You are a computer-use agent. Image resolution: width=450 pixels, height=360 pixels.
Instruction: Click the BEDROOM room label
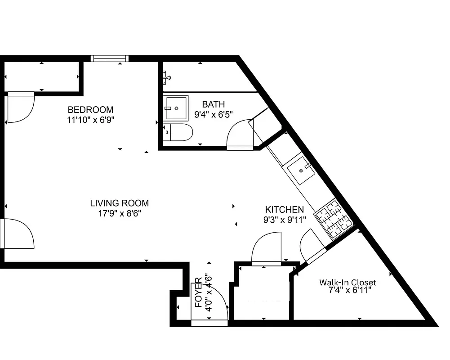90,109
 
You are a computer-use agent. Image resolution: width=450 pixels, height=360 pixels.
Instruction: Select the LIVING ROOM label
119,203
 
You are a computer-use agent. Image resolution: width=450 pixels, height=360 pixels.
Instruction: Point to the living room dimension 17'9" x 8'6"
119,214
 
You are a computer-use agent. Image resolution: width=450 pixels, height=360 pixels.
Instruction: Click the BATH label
213,104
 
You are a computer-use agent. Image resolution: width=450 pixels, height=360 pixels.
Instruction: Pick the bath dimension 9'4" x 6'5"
213,115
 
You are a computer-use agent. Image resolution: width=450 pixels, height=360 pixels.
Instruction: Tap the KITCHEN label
284,209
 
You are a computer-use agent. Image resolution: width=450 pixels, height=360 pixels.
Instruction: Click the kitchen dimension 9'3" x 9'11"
284,220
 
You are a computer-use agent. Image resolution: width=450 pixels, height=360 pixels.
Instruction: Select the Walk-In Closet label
348,283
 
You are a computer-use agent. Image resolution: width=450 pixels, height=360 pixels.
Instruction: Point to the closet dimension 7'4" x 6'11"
350,291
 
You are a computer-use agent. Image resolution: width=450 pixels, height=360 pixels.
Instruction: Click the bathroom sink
176,108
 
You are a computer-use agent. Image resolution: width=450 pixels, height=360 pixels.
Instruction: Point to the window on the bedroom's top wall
109,58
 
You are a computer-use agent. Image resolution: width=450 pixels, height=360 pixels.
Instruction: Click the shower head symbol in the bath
167,77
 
